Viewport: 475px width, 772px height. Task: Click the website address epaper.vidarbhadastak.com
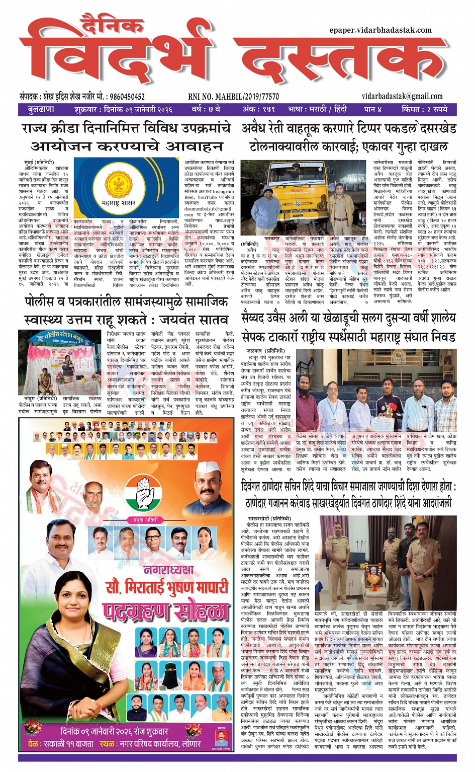pyautogui.click(x=381, y=30)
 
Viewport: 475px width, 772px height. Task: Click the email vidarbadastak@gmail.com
pyautogui.click(x=402, y=97)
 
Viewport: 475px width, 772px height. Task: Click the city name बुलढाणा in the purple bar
pyautogui.click(x=41, y=110)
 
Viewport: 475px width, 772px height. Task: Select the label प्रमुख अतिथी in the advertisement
pyautogui.click(x=145, y=520)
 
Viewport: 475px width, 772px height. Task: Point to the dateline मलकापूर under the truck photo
pyautogui.click(x=272, y=238)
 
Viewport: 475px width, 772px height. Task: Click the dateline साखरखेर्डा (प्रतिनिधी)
pyautogui.click(x=269, y=518)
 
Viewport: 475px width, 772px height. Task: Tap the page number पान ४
pyautogui.click(x=373, y=110)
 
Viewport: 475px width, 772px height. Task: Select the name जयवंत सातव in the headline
pyautogui.click(x=193, y=320)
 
